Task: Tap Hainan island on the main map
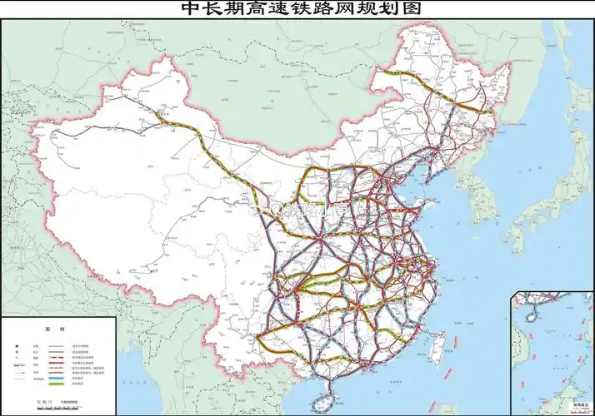tap(321, 403)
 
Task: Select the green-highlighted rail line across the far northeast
tap(454, 100)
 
